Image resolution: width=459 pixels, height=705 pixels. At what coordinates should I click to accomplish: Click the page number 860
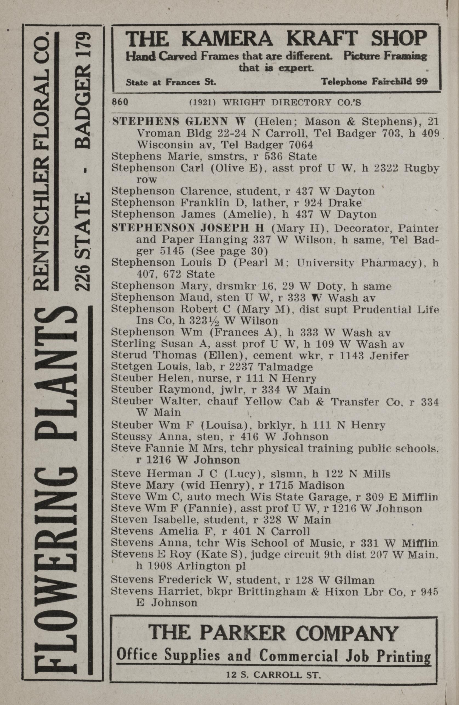(x=120, y=102)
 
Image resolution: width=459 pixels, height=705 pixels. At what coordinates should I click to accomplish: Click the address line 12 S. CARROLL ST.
(x=273, y=674)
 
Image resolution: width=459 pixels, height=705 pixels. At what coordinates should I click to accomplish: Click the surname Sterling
(x=133, y=344)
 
